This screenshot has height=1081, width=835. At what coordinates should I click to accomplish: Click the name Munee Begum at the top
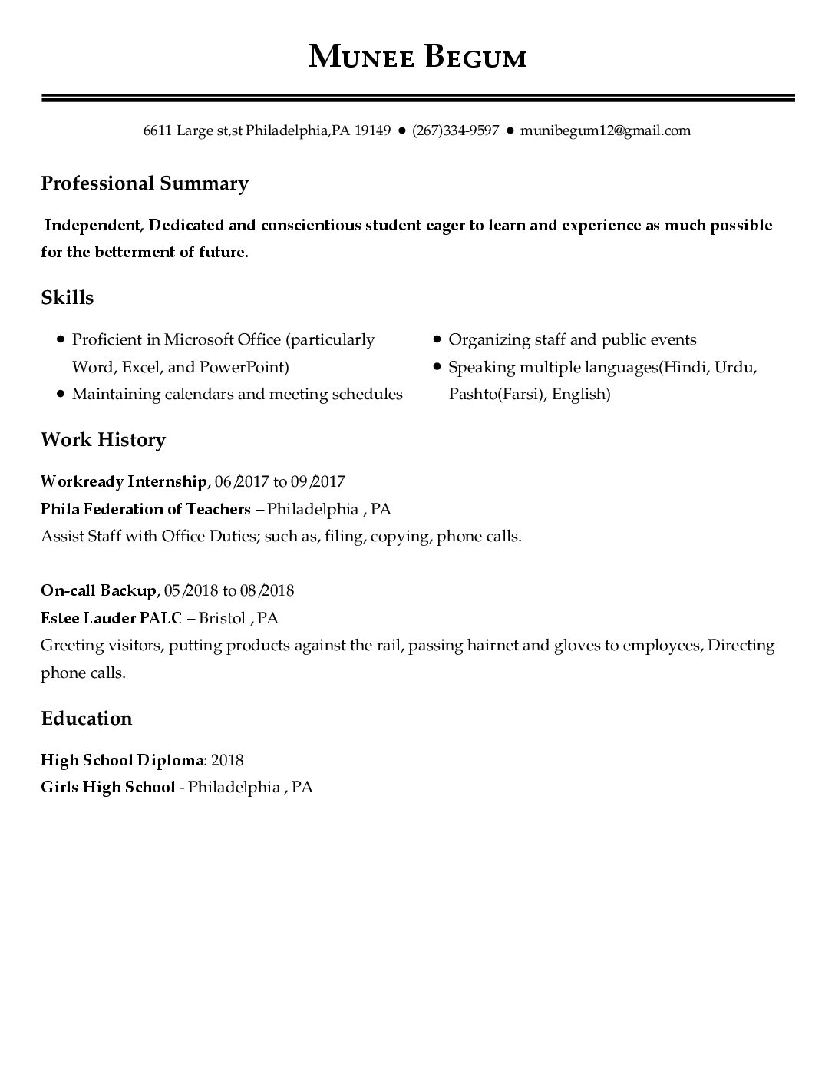[417, 57]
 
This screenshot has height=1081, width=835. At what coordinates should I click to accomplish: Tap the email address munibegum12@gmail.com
[605, 131]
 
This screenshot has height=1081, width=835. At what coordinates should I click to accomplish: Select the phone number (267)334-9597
[455, 131]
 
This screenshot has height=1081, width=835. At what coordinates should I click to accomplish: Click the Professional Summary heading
[144, 183]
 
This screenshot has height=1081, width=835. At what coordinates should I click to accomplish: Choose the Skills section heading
[67, 298]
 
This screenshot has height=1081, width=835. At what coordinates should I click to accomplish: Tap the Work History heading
[103, 440]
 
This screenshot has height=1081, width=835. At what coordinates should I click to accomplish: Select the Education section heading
[86, 719]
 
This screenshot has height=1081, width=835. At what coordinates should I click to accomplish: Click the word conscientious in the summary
[310, 225]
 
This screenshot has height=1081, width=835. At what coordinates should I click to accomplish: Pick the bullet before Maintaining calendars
[60, 394]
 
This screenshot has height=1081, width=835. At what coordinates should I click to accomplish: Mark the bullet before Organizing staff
[436, 339]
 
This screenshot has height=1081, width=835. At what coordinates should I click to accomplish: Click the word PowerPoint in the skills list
[243, 367]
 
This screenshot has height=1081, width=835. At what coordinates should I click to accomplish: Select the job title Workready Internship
[123, 482]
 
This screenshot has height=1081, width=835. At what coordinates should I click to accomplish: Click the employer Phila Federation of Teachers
[145, 509]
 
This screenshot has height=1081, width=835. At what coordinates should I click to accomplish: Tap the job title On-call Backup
[98, 590]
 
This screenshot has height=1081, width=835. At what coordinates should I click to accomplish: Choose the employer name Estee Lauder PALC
[111, 618]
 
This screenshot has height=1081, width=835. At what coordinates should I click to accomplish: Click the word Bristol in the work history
[222, 618]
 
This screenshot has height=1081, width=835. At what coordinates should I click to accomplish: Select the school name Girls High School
[107, 787]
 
